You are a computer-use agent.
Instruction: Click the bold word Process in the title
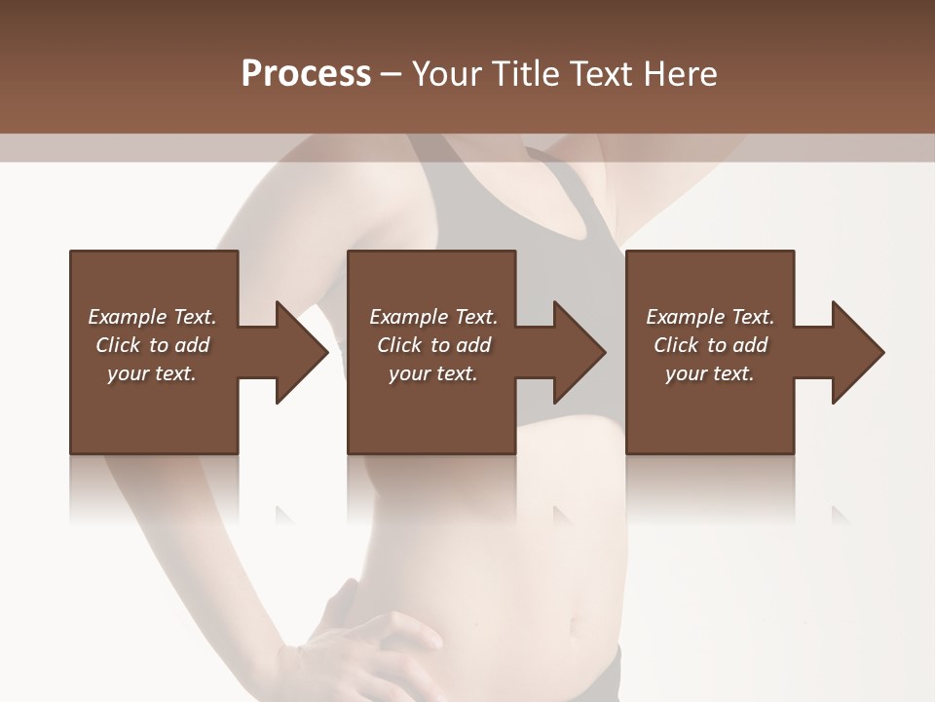(306, 74)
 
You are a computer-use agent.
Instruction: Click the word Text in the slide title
(602, 74)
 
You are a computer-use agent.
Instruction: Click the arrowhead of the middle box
(579, 352)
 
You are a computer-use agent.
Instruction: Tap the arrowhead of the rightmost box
(857, 352)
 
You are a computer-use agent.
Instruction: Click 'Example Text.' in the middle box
(432, 317)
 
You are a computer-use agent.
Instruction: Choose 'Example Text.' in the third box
(710, 317)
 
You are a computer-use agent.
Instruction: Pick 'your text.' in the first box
(151, 373)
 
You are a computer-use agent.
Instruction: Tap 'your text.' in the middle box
(432, 373)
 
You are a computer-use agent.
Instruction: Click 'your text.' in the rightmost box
(710, 373)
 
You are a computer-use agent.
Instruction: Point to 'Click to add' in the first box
(152, 345)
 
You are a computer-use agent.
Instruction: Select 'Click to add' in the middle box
(433, 345)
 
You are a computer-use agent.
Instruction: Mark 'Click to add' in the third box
(711, 345)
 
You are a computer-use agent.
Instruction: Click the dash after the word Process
(392, 75)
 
